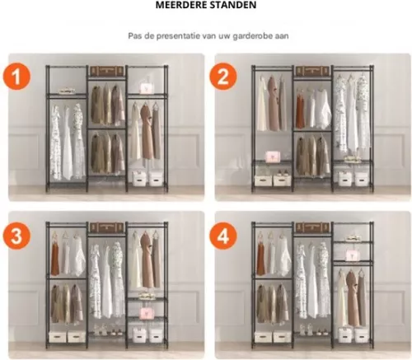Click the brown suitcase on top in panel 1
coord(106,71)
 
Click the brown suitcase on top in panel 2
coord(311,71)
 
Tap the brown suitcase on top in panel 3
coord(106,226)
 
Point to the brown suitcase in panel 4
coord(311,226)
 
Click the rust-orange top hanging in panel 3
coord(54,257)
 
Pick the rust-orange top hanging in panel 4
coord(260,257)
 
